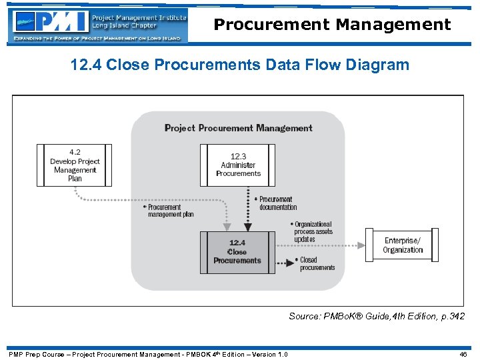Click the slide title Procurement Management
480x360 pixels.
[x=332, y=25]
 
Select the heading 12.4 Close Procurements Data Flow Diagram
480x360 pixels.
[x=240, y=65]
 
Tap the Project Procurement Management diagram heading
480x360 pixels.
[x=238, y=128]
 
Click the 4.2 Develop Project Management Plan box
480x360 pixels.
[x=75, y=165]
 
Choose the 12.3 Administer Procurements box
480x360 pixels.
[x=238, y=165]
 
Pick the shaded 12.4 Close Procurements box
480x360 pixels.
[x=237, y=252]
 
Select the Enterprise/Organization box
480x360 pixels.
[x=403, y=245]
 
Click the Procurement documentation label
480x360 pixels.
[x=276, y=203]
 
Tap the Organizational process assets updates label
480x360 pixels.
[x=313, y=232]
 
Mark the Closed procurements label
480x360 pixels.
[x=317, y=263]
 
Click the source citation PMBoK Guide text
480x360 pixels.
[x=376, y=316]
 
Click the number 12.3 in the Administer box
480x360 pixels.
[x=238, y=157]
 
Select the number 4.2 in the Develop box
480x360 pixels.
[x=75, y=153]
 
